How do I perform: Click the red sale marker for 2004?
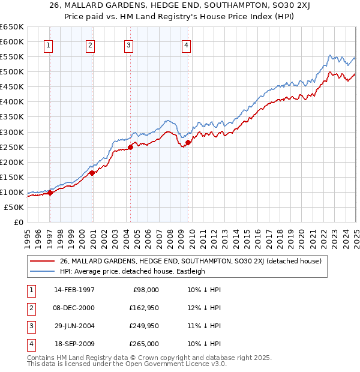point(130,146)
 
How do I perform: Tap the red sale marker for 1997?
point(50,193)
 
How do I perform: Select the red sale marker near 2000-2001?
point(92,173)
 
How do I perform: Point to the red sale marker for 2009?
point(188,142)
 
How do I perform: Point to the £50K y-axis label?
point(14,207)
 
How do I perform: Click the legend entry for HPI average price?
point(132,271)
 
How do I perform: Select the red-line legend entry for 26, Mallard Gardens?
point(191,261)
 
